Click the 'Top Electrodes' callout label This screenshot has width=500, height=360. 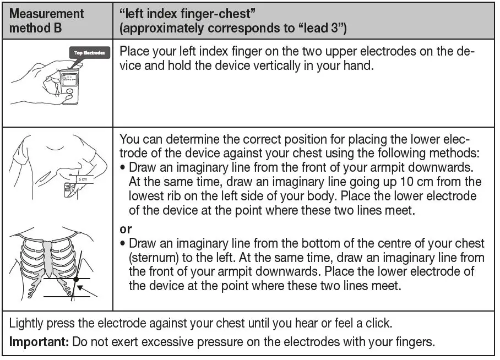pos(90,53)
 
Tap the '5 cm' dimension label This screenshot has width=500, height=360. pos(82,179)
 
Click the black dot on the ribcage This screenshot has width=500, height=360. pos(75,279)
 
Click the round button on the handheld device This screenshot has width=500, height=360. pos(68,93)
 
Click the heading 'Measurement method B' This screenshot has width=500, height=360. pos(46,20)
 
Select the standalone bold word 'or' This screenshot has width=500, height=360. pos(126,229)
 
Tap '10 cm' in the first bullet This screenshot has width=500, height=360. pos(421,182)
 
